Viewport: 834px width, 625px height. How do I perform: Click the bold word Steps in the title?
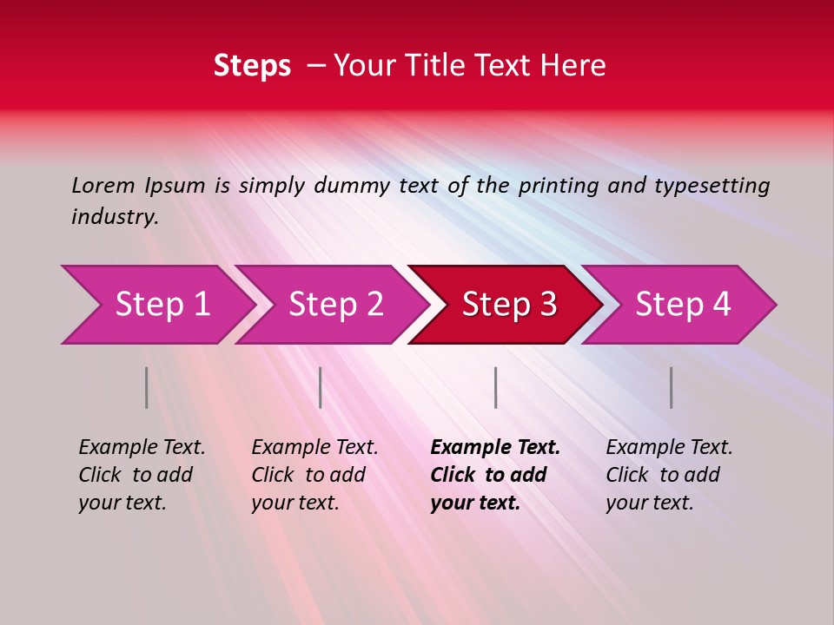[x=252, y=66]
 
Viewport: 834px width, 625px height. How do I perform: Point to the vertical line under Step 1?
[x=147, y=387]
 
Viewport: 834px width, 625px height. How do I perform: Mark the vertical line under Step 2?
[x=321, y=387]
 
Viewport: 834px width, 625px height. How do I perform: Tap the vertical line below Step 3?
[x=495, y=387]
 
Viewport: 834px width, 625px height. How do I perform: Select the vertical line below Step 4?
[x=671, y=387]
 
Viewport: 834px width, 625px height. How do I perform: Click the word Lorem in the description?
[x=103, y=186]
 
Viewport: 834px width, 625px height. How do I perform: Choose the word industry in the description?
[x=114, y=217]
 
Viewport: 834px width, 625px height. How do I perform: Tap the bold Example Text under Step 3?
[x=495, y=448]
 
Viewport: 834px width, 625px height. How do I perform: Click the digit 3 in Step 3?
[x=547, y=305]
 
